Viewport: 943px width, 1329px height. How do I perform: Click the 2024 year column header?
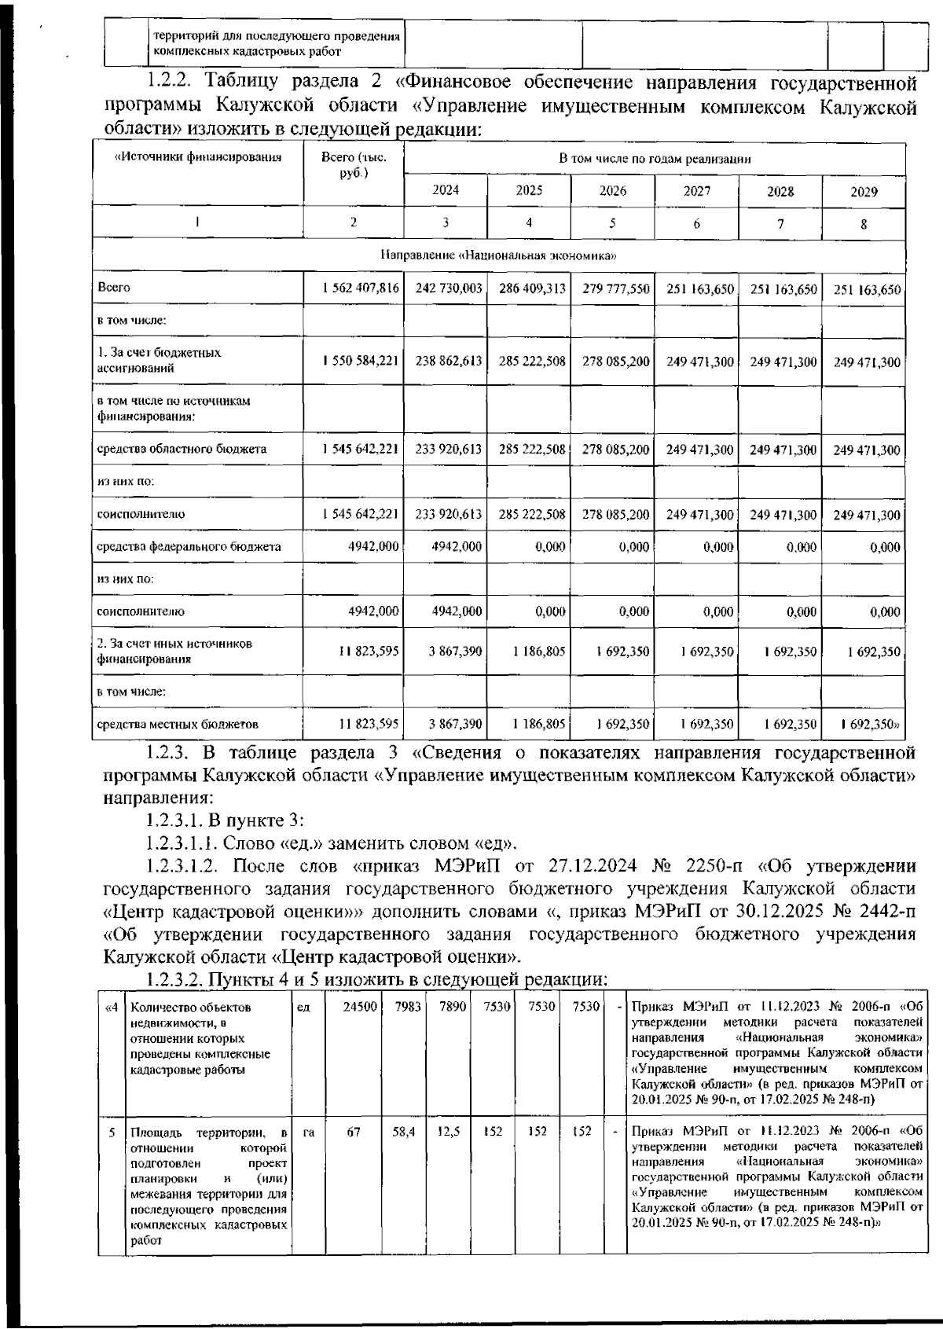[446, 191]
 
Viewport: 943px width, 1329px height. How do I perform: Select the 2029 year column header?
[864, 192]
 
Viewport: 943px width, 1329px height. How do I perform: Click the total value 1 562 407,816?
[361, 288]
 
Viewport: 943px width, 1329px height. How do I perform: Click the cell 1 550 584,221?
[361, 362]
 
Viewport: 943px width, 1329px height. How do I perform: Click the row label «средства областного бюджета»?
[182, 450]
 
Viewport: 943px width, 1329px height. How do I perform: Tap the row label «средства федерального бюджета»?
[189, 546]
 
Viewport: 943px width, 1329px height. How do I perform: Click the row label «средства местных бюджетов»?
[178, 724]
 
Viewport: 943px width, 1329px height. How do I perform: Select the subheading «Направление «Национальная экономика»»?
[498, 255]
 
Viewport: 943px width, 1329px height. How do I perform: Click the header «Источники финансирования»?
[198, 157]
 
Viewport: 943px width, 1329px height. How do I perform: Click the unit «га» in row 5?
[309, 1133]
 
